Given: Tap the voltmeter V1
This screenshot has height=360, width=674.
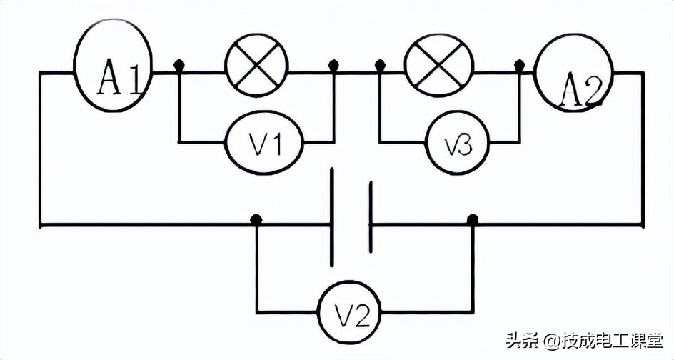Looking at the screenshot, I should (x=263, y=142).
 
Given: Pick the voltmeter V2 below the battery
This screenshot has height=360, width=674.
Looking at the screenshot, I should (x=348, y=311).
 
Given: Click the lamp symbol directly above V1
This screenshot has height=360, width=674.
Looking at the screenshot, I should (x=256, y=66).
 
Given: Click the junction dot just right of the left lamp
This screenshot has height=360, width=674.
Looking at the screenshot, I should (x=333, y=66).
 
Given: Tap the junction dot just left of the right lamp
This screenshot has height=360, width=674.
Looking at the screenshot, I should (x=381, y=66).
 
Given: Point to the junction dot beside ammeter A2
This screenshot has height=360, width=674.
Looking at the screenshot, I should (x=519, y=66).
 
